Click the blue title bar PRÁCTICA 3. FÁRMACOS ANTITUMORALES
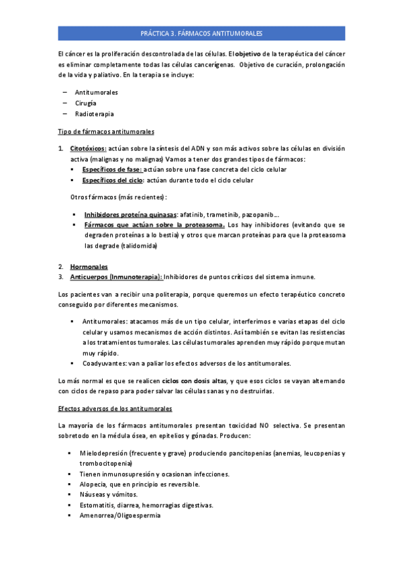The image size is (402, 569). (201, 33)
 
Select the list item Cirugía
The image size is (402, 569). (85, 103)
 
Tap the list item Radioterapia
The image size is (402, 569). (94, 114)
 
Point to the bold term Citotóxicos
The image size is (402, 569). (88, 148)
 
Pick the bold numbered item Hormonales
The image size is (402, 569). (89, 266)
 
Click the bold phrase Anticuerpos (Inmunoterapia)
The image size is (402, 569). (115, 276)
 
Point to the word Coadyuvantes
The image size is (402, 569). (105, 364)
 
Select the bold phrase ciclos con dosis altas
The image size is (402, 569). (194, 381)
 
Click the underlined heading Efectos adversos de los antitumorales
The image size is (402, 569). (115, 408)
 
